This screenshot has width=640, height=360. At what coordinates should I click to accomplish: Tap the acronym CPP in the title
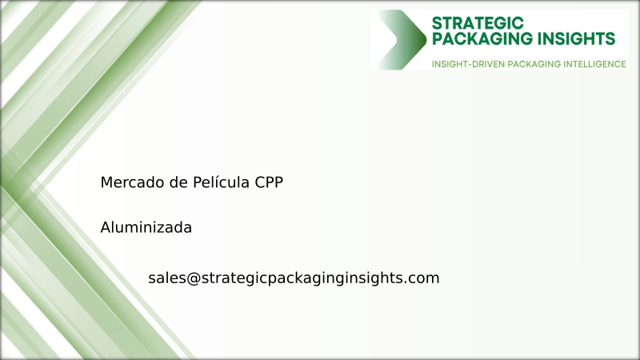pos(269,182)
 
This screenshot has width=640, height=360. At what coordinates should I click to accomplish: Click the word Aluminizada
pos(146,227)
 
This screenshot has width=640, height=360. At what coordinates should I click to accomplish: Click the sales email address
pos(294,278)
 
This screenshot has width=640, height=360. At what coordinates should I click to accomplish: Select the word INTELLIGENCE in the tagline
pos(590,64)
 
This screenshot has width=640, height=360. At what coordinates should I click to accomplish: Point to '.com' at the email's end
pos(423,278)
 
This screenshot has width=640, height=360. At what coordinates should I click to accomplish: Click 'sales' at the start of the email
pos(166,278)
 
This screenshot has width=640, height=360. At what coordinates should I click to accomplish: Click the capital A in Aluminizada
pos(106,227)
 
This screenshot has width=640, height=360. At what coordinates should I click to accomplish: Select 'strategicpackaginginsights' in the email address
pos(304,278)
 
